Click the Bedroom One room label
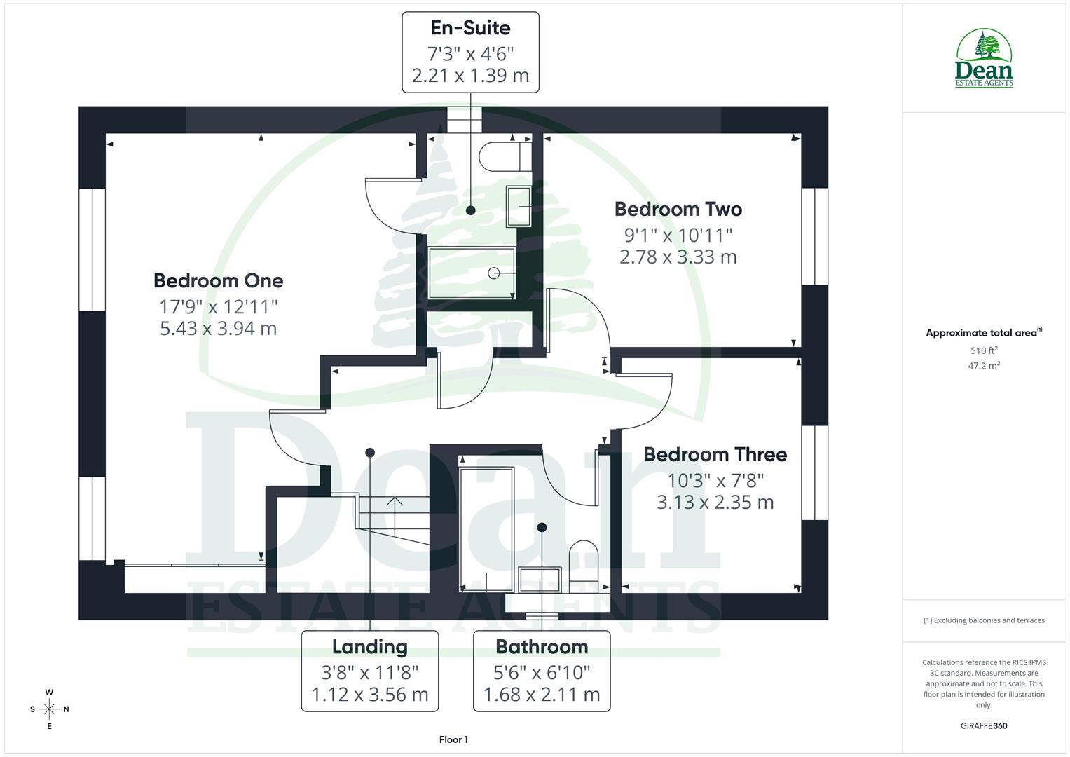point(218,281)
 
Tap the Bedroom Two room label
point(678,210)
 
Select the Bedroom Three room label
point(715,455)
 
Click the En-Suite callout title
point(470,28)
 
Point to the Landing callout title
point(369,647)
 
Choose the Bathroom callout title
point(542,647)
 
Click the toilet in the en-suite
point(505,156)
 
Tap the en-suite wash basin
point(519,207)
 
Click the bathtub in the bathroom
point(486,529)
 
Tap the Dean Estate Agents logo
point(985,59)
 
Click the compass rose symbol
point(49,709)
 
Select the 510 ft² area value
point(984,350)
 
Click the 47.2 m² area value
point(984,365)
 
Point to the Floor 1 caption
point(453,739)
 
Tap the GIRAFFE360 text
point(984,725)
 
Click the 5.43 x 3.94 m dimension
point(218,328)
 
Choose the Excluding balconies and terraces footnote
point(984,620)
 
